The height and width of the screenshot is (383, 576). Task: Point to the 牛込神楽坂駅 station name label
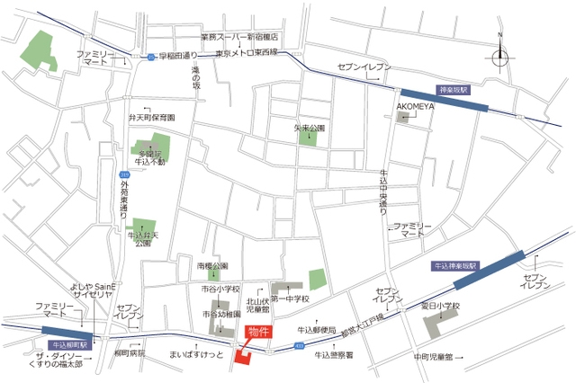point(457,267)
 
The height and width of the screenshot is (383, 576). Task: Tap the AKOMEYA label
point(416,104)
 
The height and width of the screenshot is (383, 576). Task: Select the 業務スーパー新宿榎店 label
point(239,38)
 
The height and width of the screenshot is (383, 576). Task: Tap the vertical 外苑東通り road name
point(124,200)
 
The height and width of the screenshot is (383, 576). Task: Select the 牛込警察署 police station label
point(334,355)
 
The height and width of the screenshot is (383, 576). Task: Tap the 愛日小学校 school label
point(438,306)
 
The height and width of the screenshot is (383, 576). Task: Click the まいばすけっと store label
point(195,355)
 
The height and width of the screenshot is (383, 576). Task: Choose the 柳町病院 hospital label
point(130,354)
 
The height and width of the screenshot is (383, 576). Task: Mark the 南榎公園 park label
point(212,266)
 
